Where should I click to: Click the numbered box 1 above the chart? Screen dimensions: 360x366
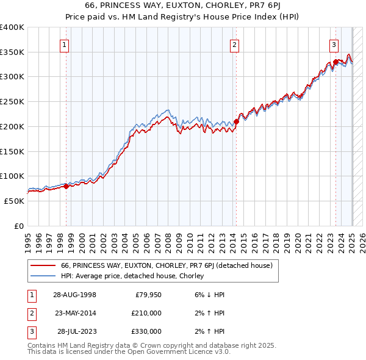click(x=64, y=43)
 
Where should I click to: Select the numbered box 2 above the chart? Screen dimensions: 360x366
click(x=235, y=43)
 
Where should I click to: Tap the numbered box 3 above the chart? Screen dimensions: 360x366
click(x=334, y=43)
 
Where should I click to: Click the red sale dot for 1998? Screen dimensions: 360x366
click(x=66, y=187)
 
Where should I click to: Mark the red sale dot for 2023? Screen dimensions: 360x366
click(x=336, y=62)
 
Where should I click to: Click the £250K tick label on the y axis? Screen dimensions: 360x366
click(x=12, y=101)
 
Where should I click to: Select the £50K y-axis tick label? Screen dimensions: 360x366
click(x=15, y=200)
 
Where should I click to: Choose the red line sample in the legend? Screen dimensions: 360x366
click(x=43, y=265)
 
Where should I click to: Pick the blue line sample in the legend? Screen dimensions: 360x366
click(x=43, y=276)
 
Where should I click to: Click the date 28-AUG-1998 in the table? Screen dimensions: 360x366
click(x=74, y=295)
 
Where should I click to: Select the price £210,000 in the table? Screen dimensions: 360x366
click(x=147, y=313)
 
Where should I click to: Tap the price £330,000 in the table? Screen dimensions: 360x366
click(x=147, y=331)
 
